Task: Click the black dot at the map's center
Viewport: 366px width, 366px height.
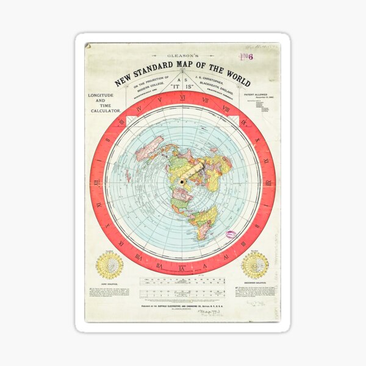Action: [x=181, y=182]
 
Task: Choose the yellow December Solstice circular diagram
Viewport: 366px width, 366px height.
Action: [x=254, y=265]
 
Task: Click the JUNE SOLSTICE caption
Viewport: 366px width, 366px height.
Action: [x=110, y=284]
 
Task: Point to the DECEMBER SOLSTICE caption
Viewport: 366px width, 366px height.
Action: [x=254, y=284]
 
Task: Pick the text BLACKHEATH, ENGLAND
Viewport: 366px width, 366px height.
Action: [x=227, y=85]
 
